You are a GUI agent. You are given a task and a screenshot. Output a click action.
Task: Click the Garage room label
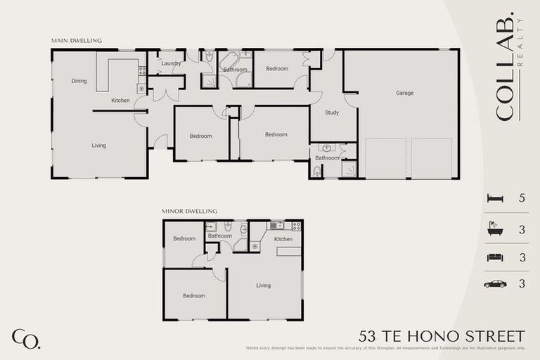(404, 93)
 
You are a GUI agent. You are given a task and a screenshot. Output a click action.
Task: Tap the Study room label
(332, 112)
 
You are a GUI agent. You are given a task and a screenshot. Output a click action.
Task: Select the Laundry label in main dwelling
(171, 63)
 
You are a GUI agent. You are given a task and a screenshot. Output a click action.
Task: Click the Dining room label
(79, 81)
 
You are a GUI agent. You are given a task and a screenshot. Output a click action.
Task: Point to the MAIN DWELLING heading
(76, 41)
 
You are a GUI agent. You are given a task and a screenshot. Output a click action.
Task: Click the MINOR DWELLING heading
(189, 211)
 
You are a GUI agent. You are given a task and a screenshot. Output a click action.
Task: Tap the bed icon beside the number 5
(495, 199)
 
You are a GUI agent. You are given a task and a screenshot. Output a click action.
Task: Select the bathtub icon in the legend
(495, 229)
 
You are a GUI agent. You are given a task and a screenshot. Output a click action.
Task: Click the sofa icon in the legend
(495, 257)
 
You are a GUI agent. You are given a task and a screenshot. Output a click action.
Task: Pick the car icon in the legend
(495, 284)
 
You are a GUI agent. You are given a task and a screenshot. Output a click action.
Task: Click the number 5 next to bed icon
(522, 199)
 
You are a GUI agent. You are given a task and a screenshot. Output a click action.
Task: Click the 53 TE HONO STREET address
(442, 335)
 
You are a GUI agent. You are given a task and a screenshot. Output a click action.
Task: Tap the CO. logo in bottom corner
(26, 338)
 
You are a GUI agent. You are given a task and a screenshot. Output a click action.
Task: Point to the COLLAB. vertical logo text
(503, 66)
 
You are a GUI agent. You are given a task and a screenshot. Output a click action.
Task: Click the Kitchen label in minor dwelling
(283, 239)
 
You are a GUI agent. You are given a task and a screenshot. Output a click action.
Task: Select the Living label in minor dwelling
(264, 285)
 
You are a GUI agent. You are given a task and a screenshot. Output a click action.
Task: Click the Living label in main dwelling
(98, 146)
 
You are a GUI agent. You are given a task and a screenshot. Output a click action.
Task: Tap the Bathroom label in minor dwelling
(220, 236)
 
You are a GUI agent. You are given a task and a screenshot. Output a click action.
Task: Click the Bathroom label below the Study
(327, 158)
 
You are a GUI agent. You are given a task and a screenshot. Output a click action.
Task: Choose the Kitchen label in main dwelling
(120, 101)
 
